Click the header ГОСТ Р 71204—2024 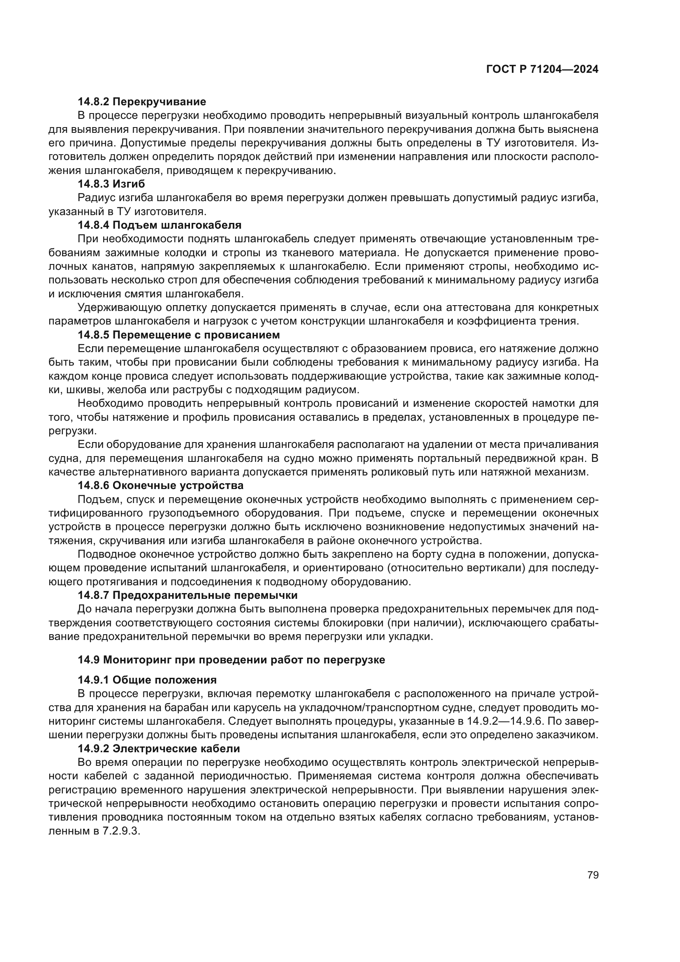click(542, 70)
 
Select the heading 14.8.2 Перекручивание click(141, 102)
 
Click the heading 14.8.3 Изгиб click(111, 184)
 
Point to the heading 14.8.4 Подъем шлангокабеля click(160, 225)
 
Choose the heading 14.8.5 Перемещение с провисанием click(179, 335)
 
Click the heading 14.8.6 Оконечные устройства click(160, 486)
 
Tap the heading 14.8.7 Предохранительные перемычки click(187, 596)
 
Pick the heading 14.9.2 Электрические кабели click(159, 748)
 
